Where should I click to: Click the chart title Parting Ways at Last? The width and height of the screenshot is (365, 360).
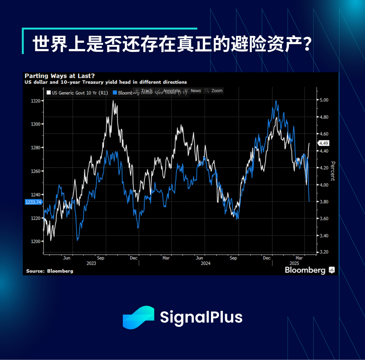60,76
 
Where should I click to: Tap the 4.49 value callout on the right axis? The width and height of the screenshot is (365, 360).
324,143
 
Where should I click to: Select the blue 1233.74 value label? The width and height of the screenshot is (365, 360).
33,202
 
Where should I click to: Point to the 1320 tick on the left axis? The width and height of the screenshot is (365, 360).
35,101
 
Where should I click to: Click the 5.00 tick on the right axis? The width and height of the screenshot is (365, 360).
324,100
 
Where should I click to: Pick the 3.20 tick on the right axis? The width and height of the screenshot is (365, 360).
324,252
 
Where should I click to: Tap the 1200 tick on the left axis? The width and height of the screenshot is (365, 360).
35,241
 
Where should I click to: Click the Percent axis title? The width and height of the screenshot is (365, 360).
333,171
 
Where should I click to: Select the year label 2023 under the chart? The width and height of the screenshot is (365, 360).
92,263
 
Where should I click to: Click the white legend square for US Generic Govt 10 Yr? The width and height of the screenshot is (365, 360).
48,92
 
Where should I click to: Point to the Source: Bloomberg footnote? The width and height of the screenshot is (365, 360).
49,271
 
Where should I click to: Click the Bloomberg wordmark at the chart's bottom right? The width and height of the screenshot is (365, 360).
305,270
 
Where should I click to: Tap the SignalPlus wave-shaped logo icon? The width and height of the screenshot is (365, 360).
138,317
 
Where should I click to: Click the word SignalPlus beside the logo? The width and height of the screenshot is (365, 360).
201,317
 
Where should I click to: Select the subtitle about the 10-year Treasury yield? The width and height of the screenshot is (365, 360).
106,82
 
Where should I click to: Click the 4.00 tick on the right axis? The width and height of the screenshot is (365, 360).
324,185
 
